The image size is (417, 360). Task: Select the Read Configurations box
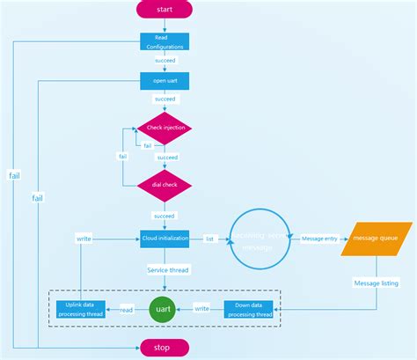pos(165,42)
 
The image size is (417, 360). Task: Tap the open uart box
pos(165,82)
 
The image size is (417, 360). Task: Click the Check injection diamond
pos(165,129)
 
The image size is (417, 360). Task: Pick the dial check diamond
pos(165,186)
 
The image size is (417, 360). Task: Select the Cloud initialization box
pos(165,238)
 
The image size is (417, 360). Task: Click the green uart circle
pos(162,309)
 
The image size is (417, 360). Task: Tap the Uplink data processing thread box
pos(80,309)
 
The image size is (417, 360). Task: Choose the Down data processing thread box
pos(250,309)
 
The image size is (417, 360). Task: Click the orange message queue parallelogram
pos(378,239)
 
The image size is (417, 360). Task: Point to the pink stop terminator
pos(165,348)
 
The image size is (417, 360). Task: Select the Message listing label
pos(376,283)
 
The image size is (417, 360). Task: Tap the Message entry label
pos(318,238)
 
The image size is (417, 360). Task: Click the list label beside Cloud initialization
pos(210,238)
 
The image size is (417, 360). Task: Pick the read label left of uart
pos(127,309)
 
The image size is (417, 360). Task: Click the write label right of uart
pos(201,309)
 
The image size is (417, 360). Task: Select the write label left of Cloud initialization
pos(84,238)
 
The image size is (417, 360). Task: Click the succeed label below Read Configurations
pos(165,61)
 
